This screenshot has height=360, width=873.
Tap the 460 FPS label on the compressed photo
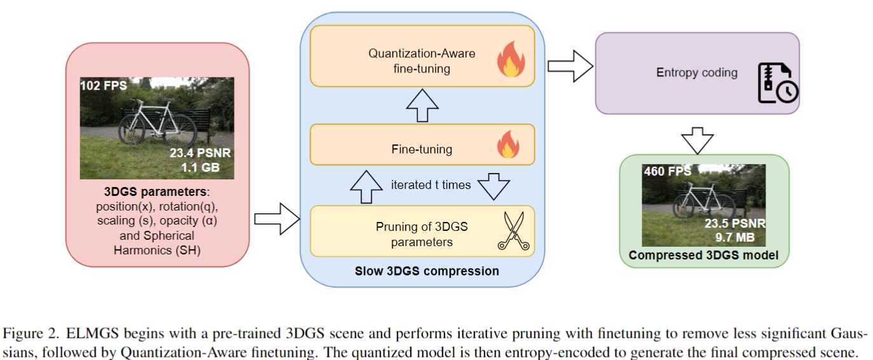666,171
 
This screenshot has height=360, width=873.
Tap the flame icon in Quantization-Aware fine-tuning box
510,60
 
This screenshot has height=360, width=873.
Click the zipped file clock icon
776,83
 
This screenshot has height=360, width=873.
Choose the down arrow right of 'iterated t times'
493,186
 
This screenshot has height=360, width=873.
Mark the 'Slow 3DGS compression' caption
427,272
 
